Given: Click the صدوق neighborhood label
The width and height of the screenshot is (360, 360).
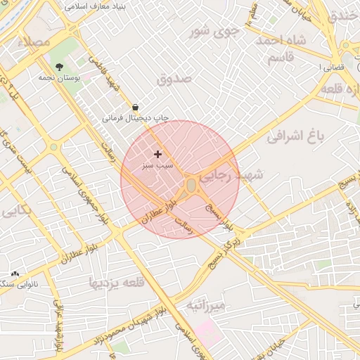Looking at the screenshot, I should [174, 79].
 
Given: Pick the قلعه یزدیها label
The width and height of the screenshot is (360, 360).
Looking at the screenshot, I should [115, 282].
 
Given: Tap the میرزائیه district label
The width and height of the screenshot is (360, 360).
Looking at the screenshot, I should [206, 306].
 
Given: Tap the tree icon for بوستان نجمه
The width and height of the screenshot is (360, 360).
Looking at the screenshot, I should [59, 66].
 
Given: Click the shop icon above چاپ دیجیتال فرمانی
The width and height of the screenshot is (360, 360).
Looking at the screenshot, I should [135, 107].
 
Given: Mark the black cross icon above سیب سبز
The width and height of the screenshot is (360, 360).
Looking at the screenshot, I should [157, 153].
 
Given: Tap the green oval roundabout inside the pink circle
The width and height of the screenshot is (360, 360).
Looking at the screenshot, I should [191, 185].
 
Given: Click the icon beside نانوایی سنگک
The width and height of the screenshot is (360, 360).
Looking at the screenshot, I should [15, 274].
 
